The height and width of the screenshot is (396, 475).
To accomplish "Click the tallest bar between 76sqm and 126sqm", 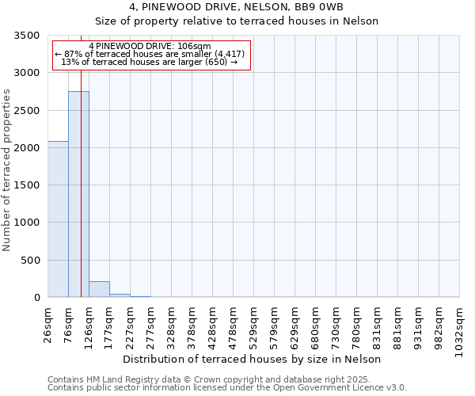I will (78, 194).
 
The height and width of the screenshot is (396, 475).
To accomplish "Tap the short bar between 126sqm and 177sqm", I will (99, 289).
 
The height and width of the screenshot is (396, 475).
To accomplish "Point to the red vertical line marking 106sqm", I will (82, 174).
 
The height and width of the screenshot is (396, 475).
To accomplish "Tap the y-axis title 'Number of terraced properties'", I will (8, 170).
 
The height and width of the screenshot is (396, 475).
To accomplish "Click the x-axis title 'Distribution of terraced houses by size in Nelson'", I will (253, 359).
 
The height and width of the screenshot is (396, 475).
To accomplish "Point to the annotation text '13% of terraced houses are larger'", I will (150, 62).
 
